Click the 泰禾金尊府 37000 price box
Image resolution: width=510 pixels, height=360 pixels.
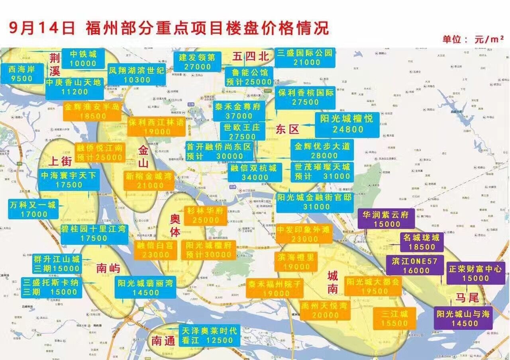coord(239,111)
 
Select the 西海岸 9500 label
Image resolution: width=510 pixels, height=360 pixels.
coord(22,74)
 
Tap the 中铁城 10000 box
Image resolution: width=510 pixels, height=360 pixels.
coord(83,59)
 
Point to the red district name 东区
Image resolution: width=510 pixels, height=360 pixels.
coord(287,129)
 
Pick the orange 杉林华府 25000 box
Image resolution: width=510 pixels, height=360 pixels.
coord(205,215)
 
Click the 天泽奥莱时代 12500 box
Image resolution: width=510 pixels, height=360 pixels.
coord(209,335)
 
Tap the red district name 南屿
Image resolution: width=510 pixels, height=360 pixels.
coord(108,268)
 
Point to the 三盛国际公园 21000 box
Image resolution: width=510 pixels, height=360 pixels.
coord(305,57)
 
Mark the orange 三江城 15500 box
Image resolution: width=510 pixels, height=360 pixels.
coord(394,319)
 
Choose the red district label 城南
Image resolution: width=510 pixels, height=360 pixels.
coord(333,282)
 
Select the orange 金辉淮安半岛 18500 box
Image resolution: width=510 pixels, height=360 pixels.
coord(92,111)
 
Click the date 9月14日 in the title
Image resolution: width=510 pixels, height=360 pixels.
coord(42,28)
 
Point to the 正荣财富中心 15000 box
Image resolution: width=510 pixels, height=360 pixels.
coord(475,273)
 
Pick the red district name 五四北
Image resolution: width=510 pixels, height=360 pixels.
coord(251,57)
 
